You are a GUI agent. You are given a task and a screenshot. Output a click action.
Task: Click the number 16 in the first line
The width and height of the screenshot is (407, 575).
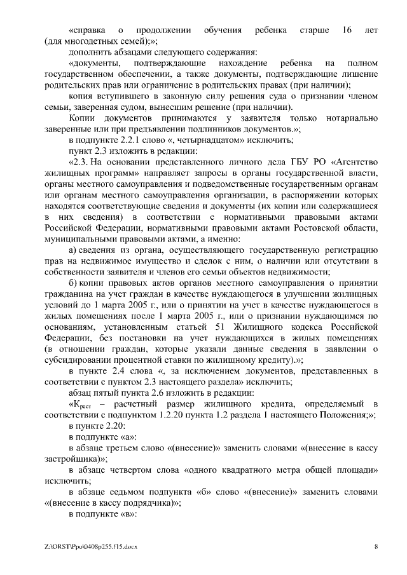click(347, 30)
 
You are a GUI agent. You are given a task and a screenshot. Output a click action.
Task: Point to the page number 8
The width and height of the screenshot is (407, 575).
click(376, 546)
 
